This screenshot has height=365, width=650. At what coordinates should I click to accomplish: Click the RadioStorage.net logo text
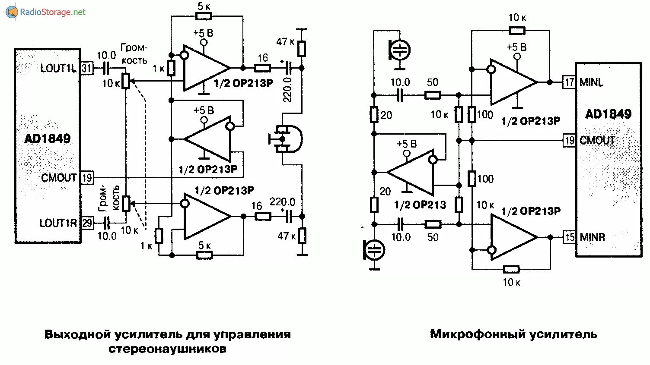pyautogui.click(x=53, y=12)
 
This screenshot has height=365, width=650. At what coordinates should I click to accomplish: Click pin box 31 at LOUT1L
pyautogui.click(x=87, y=68)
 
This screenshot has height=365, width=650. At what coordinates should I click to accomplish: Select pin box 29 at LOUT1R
pyautogui.click(x=87, y=223)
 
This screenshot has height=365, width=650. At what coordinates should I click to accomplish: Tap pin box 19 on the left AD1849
pyautogui.click(x=87, y=177)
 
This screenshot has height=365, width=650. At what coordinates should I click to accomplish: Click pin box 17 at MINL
pyautogui.click(x=569, y=82)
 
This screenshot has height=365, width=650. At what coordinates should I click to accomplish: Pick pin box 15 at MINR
pyautogui.click(x=570, y=237)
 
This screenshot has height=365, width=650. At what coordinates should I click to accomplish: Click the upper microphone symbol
pyautogui.click(x=400, y=50)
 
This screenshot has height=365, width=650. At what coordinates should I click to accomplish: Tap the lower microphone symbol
pyautogui.click(x=374, y=250)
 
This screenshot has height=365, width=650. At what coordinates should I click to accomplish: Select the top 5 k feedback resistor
pyautogui.click(x=204, y=16)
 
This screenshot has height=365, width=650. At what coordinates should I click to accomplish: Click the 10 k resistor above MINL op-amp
pyautogui.click(x=516, y=30)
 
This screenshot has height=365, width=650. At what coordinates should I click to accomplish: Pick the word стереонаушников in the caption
pyautogui.click(x=167, y=349)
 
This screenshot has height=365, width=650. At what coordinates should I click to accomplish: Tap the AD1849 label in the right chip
pyautogui.click(x=608, y=114)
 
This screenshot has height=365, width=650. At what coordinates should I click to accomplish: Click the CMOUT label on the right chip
pyautogui.click(x=597, y=140)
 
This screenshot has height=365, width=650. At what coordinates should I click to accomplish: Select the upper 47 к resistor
pyautogui.click(x=302, y=49)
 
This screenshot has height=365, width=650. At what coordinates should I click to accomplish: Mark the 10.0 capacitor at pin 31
pyautogui.click(x=106, y=68)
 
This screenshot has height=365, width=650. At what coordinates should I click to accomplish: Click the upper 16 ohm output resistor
pyautogui.click(x=262, y=68)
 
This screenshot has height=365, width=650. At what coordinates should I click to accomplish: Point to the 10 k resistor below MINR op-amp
pyautogui.click(x=511, y=270)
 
